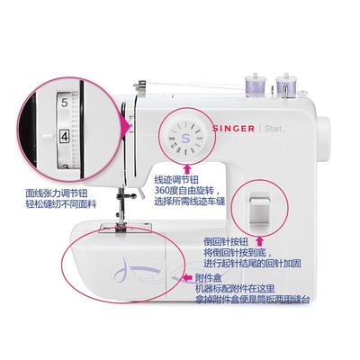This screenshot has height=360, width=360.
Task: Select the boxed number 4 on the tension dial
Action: pos(65,137)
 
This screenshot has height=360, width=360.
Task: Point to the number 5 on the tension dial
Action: pos(64,104)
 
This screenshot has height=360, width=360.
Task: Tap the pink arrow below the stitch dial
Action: pos(186,167)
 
